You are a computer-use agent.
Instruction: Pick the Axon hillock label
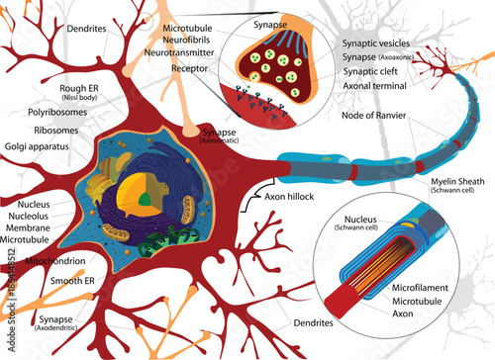click(291, 197)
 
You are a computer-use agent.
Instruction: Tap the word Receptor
click(189, 70)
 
